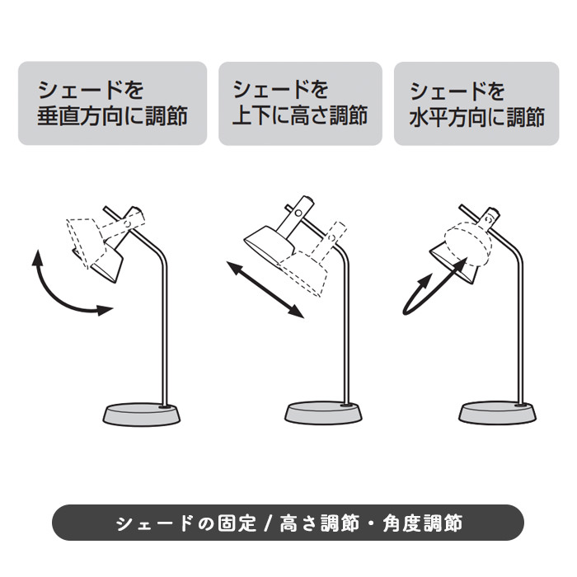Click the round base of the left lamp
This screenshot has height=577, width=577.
[142, 415]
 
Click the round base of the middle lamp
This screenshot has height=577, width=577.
[323, 413]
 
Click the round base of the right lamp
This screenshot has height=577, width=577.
[498, 413]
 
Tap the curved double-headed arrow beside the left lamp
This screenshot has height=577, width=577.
[59, 294]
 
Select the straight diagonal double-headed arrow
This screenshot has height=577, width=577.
[265, 289]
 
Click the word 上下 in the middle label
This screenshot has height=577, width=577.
[254, 115]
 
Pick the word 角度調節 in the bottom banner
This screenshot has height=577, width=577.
[422, 523]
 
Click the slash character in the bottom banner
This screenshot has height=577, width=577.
[268, 523]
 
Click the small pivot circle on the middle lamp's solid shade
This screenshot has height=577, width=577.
[298, 213]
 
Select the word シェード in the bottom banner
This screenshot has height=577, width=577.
[154, 523]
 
